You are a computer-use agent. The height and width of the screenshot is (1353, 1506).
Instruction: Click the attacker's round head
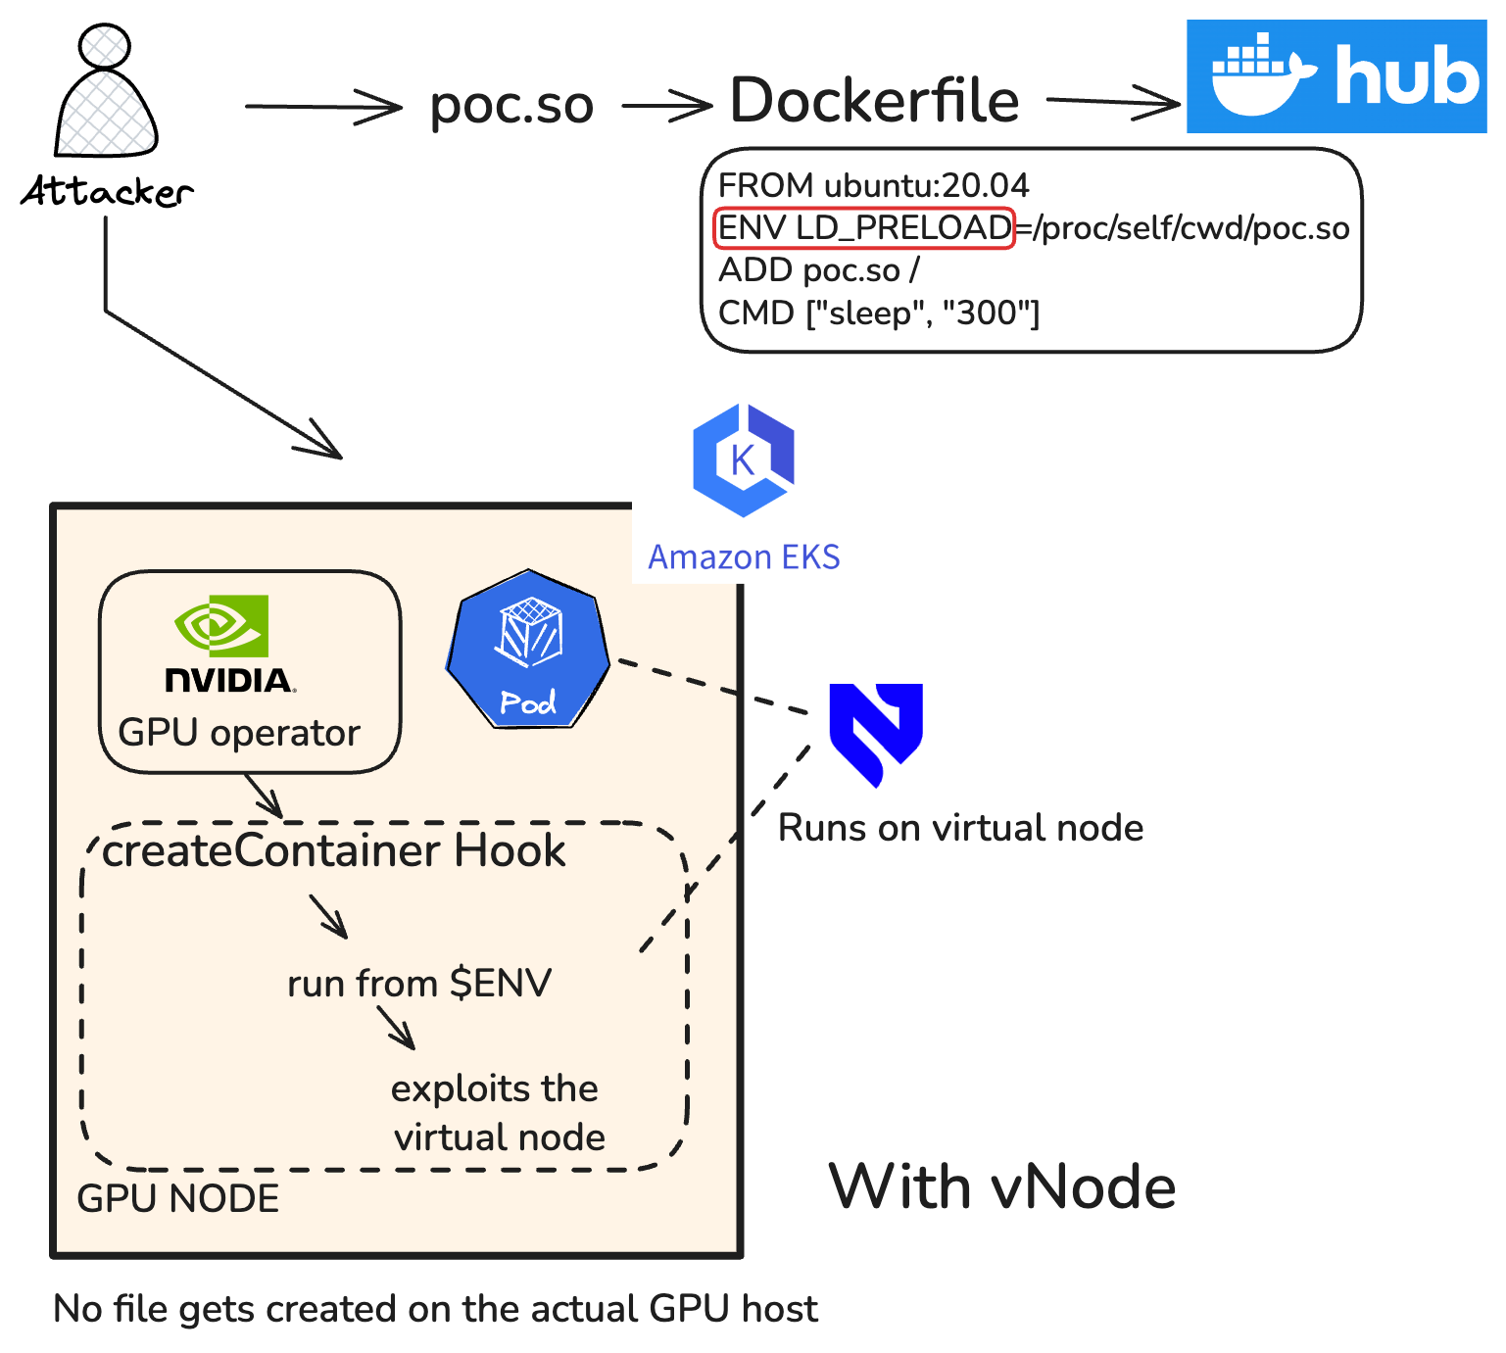(x=105, y=45)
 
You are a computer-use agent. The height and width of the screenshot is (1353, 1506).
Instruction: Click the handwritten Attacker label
(x=107, y=191)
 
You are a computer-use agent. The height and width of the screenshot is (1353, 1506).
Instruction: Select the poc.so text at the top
(x=511, y=104)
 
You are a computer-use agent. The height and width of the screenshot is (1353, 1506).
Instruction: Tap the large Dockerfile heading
(x=874, y=100)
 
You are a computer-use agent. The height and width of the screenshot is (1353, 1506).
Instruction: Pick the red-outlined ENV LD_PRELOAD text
(x=864, y=228)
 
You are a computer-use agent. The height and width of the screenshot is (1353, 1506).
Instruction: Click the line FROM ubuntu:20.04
(x=873, y=185)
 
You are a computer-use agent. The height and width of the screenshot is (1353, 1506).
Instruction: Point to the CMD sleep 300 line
(x=878, y=314)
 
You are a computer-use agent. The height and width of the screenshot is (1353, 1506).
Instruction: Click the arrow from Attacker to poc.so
(x=322, y=107)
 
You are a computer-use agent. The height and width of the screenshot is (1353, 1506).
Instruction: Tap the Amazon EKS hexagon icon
(x=743, y=459)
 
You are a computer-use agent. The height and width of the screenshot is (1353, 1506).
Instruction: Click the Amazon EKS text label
(x=744, y=556)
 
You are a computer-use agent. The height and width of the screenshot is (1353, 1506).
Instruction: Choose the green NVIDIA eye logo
(x=221, y=625)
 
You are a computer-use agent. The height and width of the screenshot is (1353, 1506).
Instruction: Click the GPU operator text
(x=239, y=733)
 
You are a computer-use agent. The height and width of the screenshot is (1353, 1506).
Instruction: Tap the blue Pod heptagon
(x=528, y=650)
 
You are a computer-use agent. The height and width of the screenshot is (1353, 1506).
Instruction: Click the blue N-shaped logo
(x=876, y=730)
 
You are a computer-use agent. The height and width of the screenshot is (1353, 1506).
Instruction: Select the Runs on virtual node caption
(x=960, y=828)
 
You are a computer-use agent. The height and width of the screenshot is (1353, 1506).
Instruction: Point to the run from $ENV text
(x=419, y=983)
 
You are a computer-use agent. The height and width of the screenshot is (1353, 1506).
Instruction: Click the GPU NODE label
(x=177, y=1198)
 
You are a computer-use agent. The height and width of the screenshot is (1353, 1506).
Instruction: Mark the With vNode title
(x=1001, y=1186)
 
